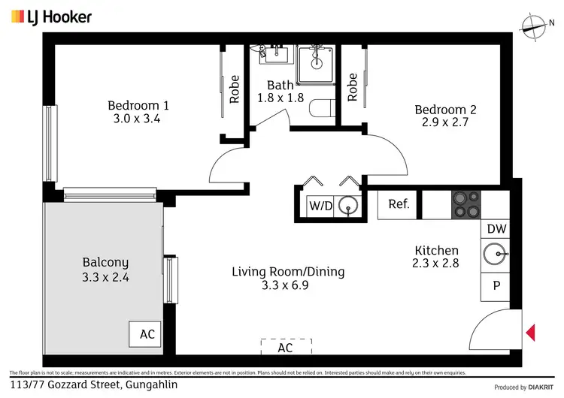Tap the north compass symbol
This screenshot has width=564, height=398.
click(534, 27)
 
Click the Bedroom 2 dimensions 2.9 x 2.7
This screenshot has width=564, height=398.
click(445, 122)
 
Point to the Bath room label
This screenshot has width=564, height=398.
click(280, 86)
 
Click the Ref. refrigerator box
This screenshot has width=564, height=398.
click(398, 204)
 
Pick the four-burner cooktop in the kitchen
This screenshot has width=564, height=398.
click(465, 204)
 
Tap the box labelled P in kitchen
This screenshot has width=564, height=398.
click(496, 285)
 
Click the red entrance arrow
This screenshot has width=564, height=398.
click(529, 331)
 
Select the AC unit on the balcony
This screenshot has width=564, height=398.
click(146, 333)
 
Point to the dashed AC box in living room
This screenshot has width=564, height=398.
click(285, 348)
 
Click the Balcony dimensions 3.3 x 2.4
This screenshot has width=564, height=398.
click(105, 276)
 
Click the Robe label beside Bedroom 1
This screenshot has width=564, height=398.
click(235, 89)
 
